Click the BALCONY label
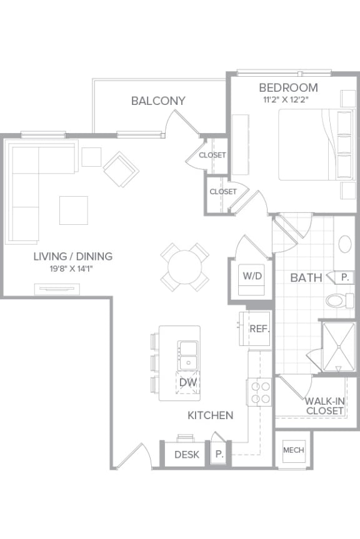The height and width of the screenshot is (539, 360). (158, 101)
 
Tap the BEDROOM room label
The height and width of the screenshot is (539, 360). (288, 87)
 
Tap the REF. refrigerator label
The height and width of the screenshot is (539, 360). (259, 329)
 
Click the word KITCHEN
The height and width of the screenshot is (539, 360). (210, 415)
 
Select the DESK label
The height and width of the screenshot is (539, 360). (187, 455)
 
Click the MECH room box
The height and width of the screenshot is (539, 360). (293, 450)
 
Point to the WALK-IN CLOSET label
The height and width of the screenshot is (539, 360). (324, 406)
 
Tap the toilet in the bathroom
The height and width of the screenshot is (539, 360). (338, 301)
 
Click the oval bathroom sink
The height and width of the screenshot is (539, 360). (344, 244)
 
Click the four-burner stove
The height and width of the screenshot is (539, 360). (260, 392)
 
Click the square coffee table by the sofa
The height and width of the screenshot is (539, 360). (73, 210)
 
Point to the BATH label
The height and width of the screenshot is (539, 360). (306, 277)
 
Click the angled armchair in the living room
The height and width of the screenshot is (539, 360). (121, 169)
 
